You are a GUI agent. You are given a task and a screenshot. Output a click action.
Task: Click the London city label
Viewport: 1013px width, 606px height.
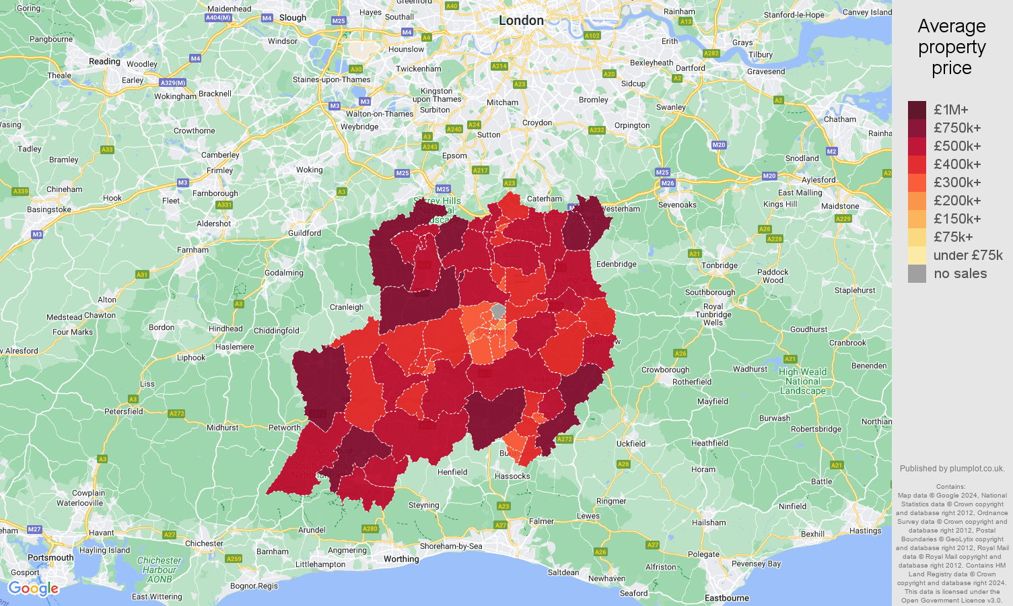[x=521, y=21]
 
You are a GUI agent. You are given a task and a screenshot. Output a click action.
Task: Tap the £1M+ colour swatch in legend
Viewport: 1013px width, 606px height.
[x=917, y=110]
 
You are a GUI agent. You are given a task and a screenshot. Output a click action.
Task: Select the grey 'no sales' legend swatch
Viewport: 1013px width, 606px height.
[x=917, y=273]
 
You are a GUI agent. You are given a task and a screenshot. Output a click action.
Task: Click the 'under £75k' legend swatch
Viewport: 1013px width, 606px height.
[x=917, y=255]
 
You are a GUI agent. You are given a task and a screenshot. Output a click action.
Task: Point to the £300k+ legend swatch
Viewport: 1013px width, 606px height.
[x=917, y=182]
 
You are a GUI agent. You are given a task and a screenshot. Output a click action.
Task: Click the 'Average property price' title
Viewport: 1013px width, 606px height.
[x=951, y=47]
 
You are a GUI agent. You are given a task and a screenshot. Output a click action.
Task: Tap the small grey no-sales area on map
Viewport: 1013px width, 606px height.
[x=498, y=311]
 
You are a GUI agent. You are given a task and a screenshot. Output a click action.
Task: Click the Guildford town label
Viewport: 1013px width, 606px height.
[x=304, y=233]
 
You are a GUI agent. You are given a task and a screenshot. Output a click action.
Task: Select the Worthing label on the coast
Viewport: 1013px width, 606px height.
[x=401, y=559]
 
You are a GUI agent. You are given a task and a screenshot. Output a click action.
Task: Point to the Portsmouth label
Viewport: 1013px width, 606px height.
[x=50, y=558]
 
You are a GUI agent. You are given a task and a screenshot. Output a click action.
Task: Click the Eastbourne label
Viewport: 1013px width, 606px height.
[x=726, y=598]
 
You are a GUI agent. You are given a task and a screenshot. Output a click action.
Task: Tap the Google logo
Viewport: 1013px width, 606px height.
[x=34, y=589]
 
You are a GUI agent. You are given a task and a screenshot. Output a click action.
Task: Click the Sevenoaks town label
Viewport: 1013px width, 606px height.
[x=677, y=205]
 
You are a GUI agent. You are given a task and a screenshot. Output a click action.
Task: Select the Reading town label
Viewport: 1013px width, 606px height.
[x=104, y=61]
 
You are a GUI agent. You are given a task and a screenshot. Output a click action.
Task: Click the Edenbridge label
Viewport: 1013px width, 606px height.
[x=616, y=264]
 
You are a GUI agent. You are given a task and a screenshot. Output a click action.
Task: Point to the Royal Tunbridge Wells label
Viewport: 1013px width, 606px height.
[x=713, y=314]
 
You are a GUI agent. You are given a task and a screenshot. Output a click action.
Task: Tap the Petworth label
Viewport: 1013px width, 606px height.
[x=285, y=428]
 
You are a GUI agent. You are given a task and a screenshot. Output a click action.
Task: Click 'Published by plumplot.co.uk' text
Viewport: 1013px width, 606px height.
[x=952, y=469]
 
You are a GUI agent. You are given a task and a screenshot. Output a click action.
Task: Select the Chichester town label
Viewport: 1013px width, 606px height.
[x=204, y=543]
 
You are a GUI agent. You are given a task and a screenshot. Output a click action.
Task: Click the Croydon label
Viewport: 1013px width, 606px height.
[x=537, y=123]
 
